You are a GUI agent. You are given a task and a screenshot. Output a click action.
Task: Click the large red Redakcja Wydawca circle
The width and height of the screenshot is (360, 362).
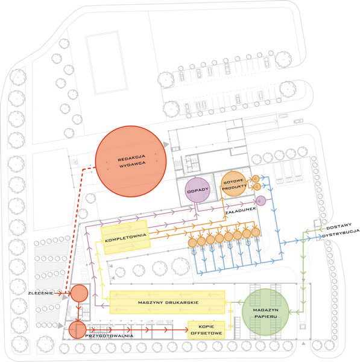(x=131, y=161)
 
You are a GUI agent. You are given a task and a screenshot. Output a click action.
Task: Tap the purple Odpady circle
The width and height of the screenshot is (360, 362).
(x=198, y=190)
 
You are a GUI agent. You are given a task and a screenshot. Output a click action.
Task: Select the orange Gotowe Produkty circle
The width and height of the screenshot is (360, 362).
(x=234, y=184)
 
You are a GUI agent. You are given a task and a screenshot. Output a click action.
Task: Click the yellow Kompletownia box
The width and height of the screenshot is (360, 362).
(x=125, y=237)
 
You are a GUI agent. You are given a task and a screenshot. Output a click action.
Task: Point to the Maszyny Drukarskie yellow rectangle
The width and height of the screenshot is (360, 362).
(x=167, y=302)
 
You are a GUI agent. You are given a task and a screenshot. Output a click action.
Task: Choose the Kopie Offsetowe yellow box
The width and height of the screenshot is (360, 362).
(x=206, y=330)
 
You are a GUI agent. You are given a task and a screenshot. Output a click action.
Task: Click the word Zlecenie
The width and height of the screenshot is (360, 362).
(x=40, y=293)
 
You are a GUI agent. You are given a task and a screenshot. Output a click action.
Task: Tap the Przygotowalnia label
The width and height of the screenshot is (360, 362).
(x=109, y=335)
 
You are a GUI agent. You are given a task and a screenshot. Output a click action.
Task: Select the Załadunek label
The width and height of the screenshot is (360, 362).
(x=241, y=211)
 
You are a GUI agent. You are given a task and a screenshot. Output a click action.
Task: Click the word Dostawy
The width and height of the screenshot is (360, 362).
(x=339, y=226)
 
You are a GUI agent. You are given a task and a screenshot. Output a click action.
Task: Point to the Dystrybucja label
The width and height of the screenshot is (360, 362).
(x=341, y=233)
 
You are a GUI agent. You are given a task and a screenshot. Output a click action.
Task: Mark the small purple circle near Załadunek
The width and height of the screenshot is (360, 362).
(x=261, y=201)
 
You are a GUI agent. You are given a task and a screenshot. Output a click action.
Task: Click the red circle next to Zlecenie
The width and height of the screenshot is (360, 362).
(x=79, y=293)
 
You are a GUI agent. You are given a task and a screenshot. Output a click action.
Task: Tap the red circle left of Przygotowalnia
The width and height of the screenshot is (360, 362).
(x=77, y=329)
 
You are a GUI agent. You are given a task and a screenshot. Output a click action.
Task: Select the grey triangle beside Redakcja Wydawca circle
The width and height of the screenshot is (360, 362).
(x=166, y=144)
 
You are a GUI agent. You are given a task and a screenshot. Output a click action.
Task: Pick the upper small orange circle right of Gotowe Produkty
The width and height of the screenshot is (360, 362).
(x=256, y=179)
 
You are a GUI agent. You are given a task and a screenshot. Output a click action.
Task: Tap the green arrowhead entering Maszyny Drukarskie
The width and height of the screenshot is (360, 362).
(x=227, y=302)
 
